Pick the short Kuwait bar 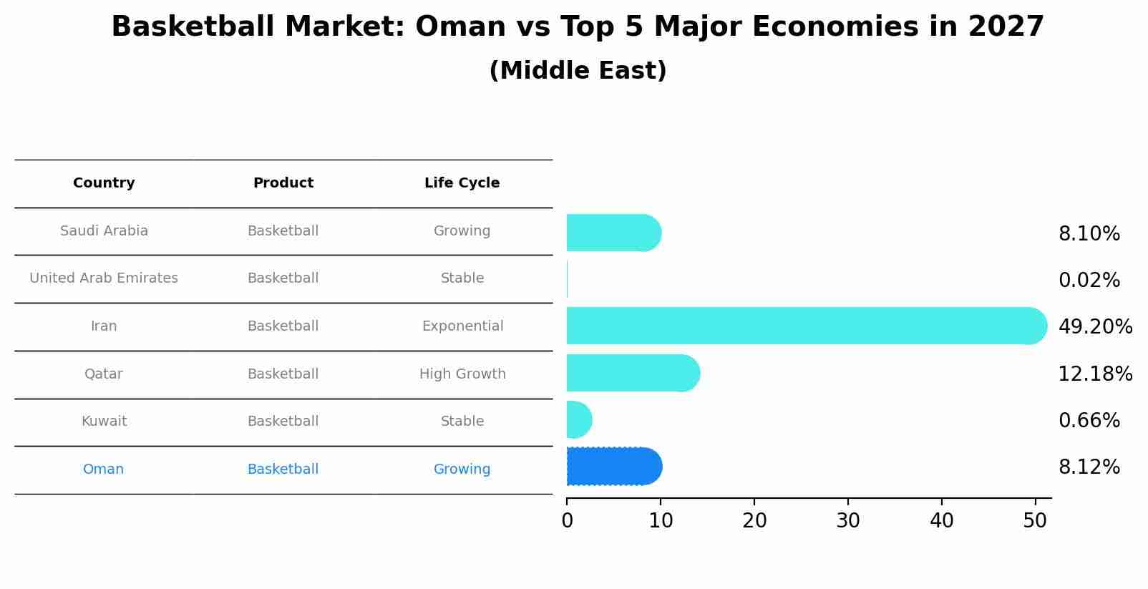point(578,419)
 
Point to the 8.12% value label point(1089,467)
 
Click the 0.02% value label point(1089,281)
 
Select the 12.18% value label point(1095,374)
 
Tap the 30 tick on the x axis point(848,521)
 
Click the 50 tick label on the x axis point(1035,521)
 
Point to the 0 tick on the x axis point(567,521)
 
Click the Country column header point(104,183)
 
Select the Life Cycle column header point(462,183)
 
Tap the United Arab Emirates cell point(104,278)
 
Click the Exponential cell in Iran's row point(462,326)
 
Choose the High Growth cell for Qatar point(462,374)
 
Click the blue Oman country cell point(103,469)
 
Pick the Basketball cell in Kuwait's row point(283,422)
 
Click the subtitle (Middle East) point(578,71)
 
